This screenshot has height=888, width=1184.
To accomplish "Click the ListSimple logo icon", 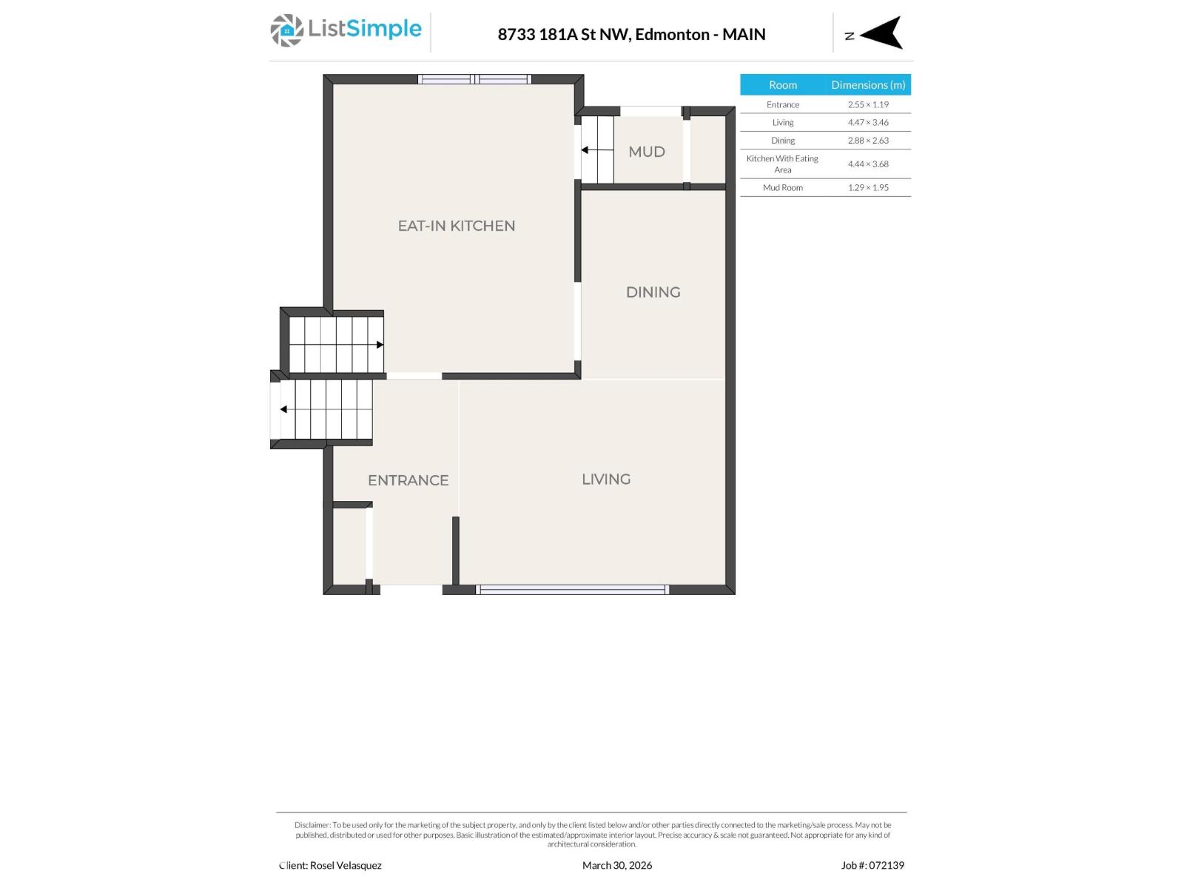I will [x=286, y=30].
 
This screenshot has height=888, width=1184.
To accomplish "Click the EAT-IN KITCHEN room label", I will [x=456, y=226].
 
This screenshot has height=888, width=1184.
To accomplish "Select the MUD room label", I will [x=646, y=152].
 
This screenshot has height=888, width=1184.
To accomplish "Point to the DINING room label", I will [x=653, y=292].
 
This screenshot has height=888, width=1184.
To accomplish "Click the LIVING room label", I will [x=606, y=479].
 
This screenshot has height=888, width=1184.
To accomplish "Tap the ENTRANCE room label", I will [x=408, y=480].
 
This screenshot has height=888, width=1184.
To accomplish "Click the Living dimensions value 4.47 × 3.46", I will [x=868, y=123].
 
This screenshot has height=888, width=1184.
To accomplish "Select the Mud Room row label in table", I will [x=782, y=188].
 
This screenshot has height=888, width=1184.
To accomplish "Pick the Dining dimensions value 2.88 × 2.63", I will [x=868, y=141].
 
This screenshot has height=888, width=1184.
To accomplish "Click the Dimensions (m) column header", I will [x=868, y=85].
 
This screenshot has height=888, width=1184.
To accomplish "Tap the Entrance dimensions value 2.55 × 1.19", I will [x=868, y=105].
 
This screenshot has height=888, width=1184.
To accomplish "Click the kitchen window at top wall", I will [x=474, y=79].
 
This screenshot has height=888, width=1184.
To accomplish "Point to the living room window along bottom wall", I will [x=572, y=590].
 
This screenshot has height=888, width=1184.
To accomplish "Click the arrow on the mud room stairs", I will [x=585, y=150].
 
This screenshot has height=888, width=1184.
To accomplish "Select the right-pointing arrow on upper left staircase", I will [x=379, y=345].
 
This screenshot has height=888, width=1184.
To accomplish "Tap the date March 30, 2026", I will [x=617, y=865].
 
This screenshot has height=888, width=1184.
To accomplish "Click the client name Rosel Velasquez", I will [x=346, y=865].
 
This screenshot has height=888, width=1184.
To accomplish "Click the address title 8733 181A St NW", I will [x=563, y=34].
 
